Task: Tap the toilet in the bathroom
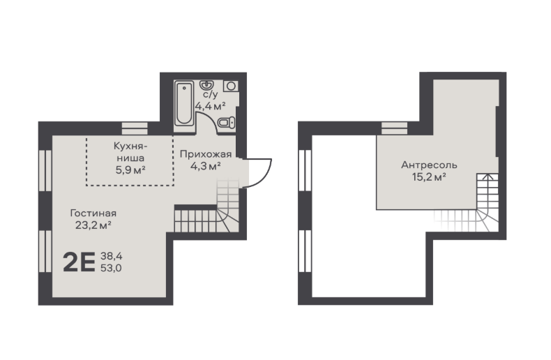[226, 123]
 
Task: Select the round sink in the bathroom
[206, 85]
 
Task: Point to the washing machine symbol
[231, 86]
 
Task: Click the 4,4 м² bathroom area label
[210, 106]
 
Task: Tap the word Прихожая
[206, 154]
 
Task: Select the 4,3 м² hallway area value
[206, 165]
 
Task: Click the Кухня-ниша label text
[130, 152]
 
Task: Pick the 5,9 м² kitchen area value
[130, 170]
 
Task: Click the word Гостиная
[93, 213]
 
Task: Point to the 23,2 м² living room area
[93, 225]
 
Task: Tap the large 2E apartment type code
[79, 262]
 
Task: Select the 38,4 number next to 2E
[112, 256]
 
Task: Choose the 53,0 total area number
[112, 268]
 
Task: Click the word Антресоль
[429, 165]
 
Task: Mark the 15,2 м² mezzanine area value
[429, 177]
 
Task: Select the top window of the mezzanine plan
[394, 128]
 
